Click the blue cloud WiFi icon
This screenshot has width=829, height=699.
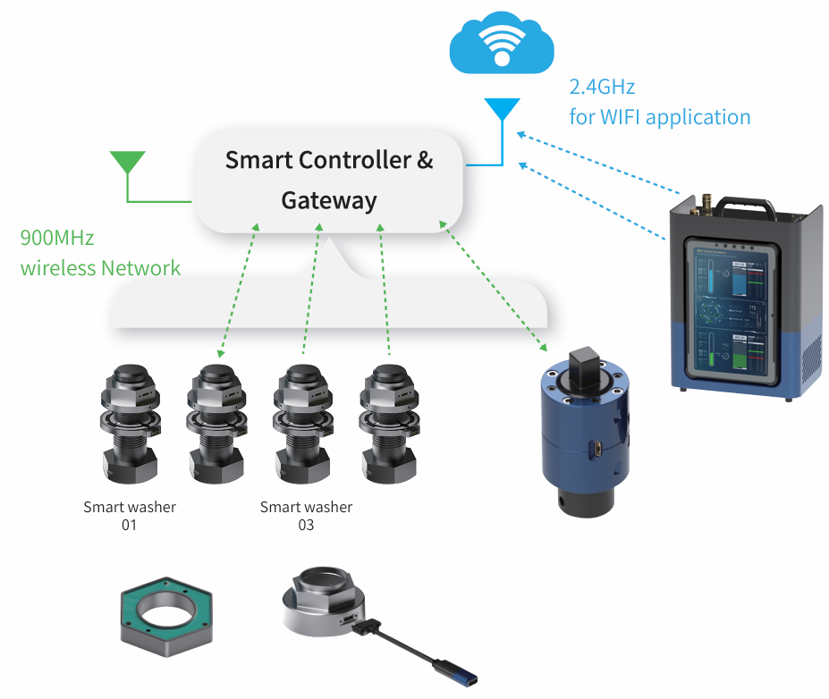point(500,44)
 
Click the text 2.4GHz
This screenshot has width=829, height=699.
point(602,88)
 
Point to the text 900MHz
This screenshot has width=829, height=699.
point(56,239)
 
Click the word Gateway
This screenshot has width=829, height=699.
point(328,200)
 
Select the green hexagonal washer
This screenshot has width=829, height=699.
point(167,616)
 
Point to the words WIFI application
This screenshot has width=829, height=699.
point(660,117)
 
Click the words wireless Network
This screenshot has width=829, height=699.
point(100,268)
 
